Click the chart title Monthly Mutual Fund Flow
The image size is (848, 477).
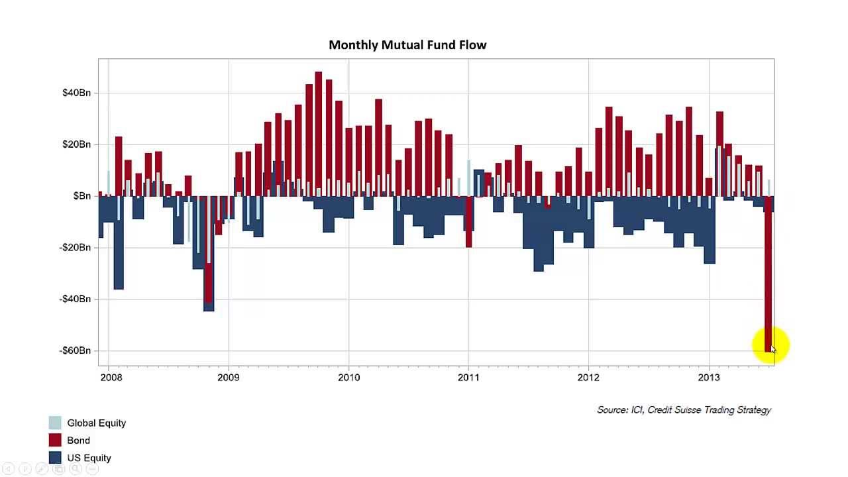(x=407, y=45)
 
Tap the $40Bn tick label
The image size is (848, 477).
(x=76, y=93)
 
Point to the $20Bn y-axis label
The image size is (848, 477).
(x=76, y=144)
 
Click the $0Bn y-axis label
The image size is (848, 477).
(x=82, y=196)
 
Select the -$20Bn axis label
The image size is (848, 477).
(x=75, y=248)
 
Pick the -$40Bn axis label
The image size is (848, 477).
(x=75, y=299)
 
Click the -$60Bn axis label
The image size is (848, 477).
(x=75, y=350)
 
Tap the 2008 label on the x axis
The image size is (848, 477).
(x=111, y=378)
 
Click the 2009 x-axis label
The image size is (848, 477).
(x=229, y=378)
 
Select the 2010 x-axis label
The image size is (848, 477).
(x=348, y=378)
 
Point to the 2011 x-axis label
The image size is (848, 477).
(x=468, y=378)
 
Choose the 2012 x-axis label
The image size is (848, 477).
(x=588, y=378)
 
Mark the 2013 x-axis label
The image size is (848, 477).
(x=709, y=378)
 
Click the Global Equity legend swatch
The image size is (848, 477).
(x=55, y=423)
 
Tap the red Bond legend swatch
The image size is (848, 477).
(x=55, y=441)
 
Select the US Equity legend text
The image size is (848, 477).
(x=89, y=458)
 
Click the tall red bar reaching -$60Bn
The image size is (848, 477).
(x=768, y=278)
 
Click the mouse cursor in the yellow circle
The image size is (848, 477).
(x=772, y=348)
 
